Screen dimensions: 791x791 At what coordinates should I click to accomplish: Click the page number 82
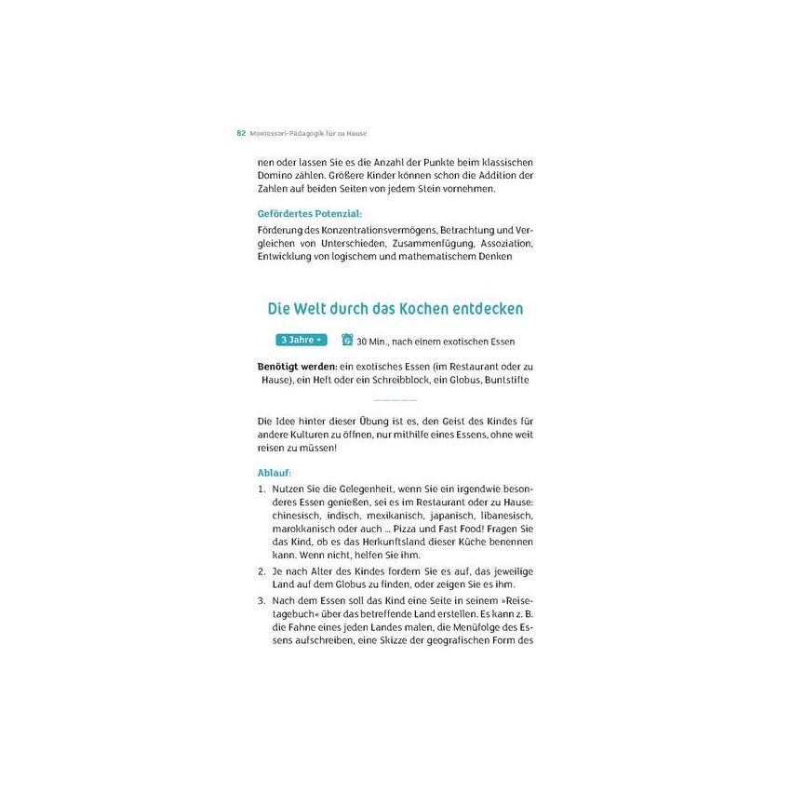pyautogui.click(x=241, y=133)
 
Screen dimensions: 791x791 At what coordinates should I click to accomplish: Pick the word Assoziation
pyautogui.click(x=507, y=243)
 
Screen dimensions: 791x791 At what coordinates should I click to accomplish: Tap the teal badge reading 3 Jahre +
pyautogui.click(x=302, y=340)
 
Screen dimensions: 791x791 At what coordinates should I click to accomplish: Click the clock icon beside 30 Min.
pyautogui.click(x=347, y=340)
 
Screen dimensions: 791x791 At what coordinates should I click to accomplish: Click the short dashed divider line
pyautogui.click(x=395, y=400)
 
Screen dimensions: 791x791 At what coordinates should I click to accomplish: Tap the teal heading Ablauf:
pyautogui.click(x=275, y=473)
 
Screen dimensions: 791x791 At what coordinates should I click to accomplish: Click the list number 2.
pyautogui.click(x=261, y=570)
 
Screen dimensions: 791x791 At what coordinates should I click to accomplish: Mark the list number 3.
pyautogui.click(x=261, y=601)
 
